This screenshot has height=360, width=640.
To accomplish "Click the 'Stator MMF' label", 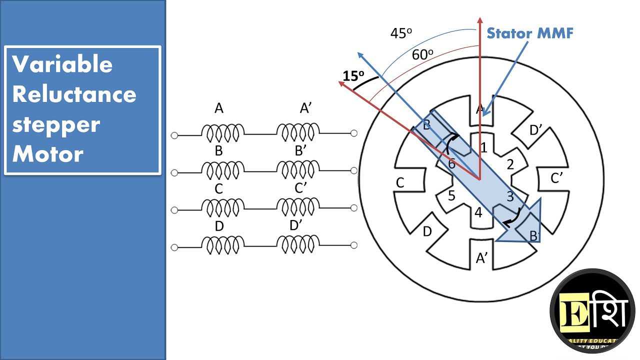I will point(530,33).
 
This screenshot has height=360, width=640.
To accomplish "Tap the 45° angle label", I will point(401,33).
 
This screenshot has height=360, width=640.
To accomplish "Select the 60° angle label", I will point(422,54).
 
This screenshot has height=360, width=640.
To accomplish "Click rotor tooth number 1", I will point(483,147).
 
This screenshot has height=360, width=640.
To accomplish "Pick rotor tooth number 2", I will point(510,164).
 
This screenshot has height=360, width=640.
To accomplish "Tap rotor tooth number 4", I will point(478,212).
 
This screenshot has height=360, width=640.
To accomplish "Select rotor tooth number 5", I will point(451,195).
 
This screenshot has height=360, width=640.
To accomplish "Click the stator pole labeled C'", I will point(557,178).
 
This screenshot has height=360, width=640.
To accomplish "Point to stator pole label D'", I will point(536,130).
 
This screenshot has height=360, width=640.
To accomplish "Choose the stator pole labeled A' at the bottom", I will point(481,258).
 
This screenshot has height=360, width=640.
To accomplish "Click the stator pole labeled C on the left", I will point(400,183).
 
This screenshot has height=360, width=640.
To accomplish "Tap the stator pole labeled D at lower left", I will point(427,231).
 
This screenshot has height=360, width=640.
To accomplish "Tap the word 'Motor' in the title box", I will point(47,154).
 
